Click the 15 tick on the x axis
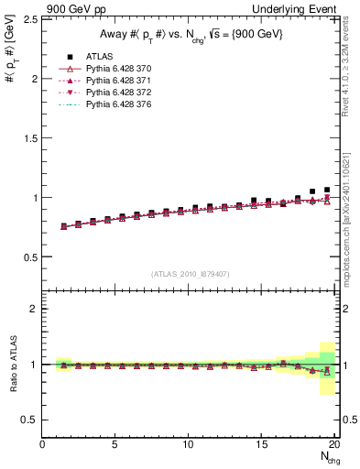pos(262,444)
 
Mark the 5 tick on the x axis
pos(115,444)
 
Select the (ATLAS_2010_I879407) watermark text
pos(189,274)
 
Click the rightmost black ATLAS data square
pos(327,190)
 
